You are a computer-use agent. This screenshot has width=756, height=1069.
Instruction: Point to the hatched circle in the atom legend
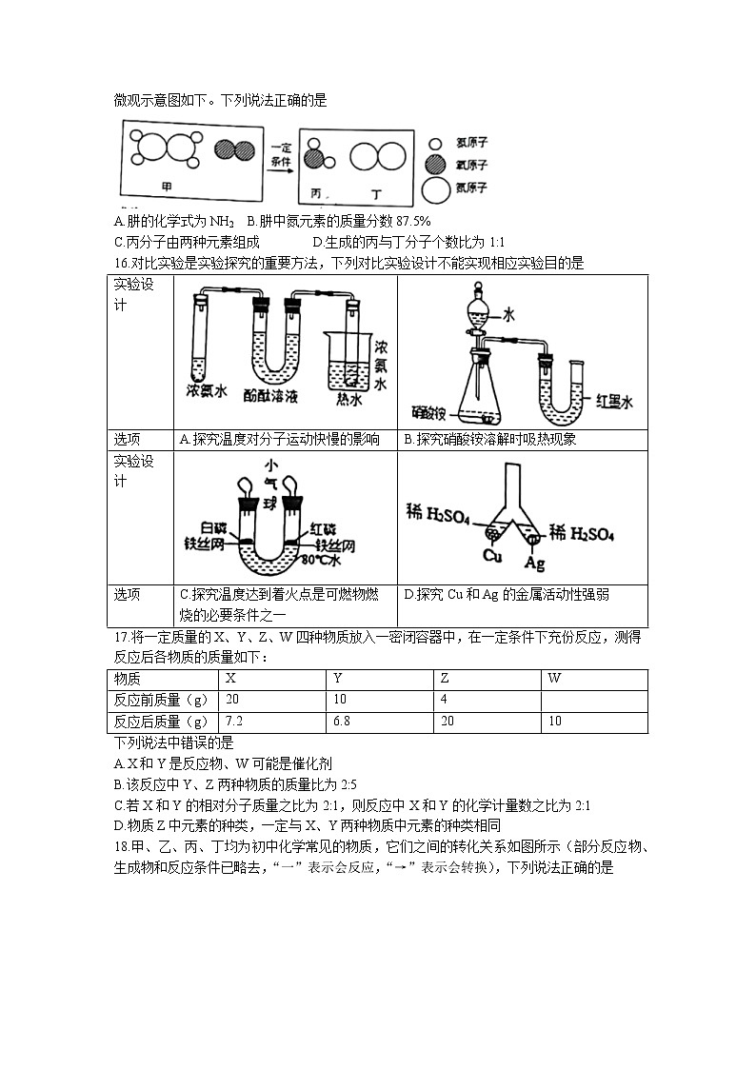coord(435,164)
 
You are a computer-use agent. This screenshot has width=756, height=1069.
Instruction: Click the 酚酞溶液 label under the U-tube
coord(272,393)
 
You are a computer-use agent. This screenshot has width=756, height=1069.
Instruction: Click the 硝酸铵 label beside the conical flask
coord(428,412)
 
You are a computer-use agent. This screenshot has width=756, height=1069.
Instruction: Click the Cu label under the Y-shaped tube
coord(492,554)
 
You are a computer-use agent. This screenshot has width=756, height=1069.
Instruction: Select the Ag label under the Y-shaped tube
coord(535,564)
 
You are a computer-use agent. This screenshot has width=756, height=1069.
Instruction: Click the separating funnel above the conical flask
coord(482,313)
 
